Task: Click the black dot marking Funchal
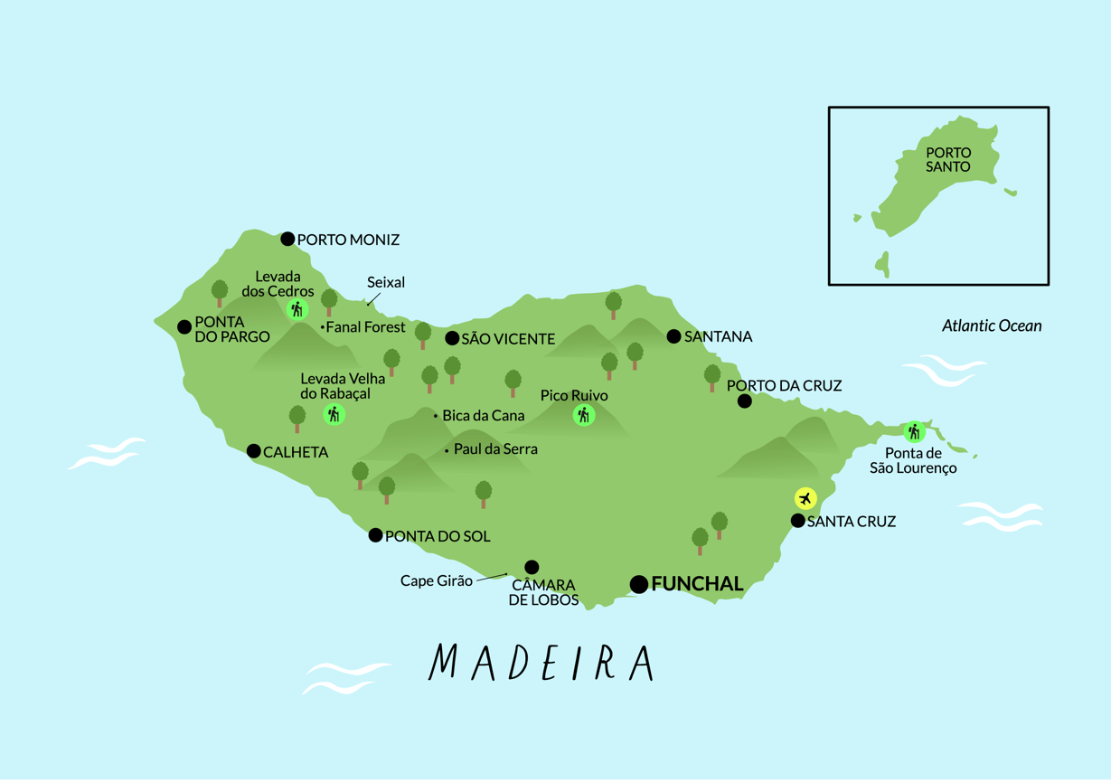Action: pos(638,584)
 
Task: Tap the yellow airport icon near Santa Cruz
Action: pos(805,498)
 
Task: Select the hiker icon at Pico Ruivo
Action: pos(584,416)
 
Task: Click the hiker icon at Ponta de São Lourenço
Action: pos(914,431)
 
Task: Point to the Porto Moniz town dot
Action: pos(287,239)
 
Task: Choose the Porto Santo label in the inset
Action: pos(948,160)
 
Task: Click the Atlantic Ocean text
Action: pos(992,325)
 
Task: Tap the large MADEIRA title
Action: pos(541,663)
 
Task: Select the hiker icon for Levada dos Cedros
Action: pos(297,310)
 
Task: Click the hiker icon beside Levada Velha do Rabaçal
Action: pos(334,415)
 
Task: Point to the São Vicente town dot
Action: pos(452,338)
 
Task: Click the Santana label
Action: pos(719,336)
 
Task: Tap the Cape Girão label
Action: pos(436,580)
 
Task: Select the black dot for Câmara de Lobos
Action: pos(532,567)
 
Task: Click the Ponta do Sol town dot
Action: pos(375,535)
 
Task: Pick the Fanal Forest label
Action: pos(365,327)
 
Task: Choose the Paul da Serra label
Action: pos(495,448)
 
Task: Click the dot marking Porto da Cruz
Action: pos(744,401)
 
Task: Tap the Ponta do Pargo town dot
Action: pos(184,327)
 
